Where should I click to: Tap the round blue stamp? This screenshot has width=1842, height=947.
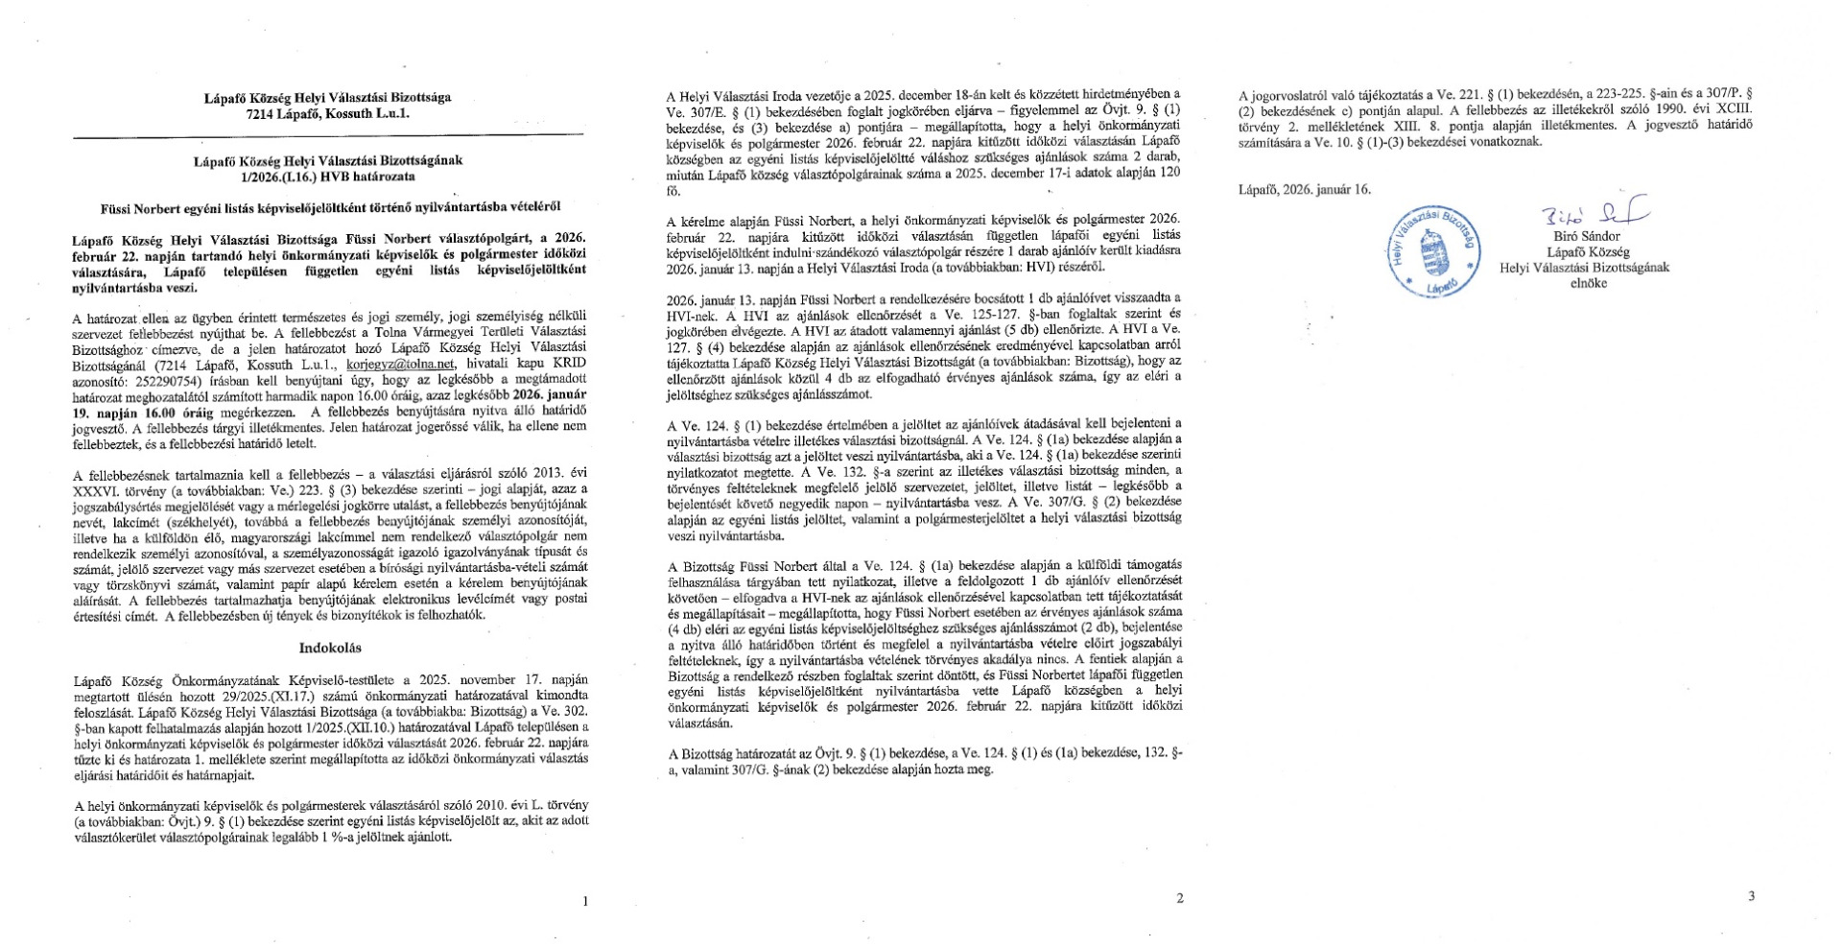click(1434, 250)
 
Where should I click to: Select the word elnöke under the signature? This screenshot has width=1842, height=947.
click(1588, 283)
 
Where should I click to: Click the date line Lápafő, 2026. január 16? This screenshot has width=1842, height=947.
click(1305, 189)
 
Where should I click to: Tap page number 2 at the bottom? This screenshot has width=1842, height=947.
click(1179, 898)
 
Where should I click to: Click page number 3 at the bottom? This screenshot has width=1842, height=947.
click(1751, 896)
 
